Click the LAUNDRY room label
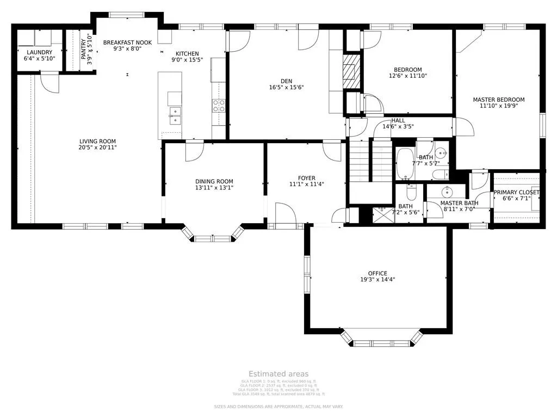(39, 52)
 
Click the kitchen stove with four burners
(219, 105)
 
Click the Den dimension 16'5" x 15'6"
(286, 87)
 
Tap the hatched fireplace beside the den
(351, 71)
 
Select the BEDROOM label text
(407, 70)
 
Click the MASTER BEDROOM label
(498, 100)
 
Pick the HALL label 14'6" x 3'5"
(398, 121)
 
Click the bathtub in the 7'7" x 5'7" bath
(404, 164)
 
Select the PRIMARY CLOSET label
(516, 193)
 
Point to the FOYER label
(306, 178)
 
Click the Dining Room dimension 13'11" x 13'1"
(214, 188)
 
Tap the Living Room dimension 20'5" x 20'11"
(98, 147)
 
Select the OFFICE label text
(377, 273)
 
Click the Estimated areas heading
(278, 374)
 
